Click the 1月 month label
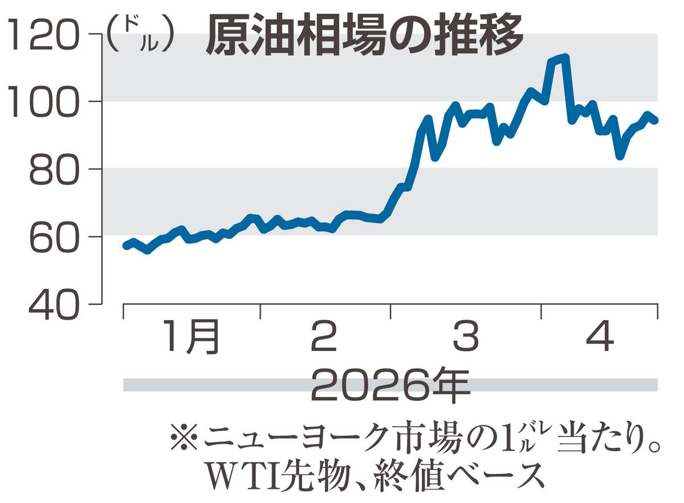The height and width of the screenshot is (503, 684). tap(191, 337)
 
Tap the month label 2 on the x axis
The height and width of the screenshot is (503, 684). tap(324, 337)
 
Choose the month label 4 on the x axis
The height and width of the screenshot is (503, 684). tap(600, 337)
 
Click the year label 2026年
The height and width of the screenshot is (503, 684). tap(391, 386)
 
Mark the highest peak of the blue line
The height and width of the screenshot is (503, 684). tap(565, 57)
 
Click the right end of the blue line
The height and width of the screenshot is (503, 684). tap(656, 121)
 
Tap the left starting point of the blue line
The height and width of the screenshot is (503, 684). tap(125, 246)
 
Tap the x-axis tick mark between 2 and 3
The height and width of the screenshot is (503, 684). tap(391, 311)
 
